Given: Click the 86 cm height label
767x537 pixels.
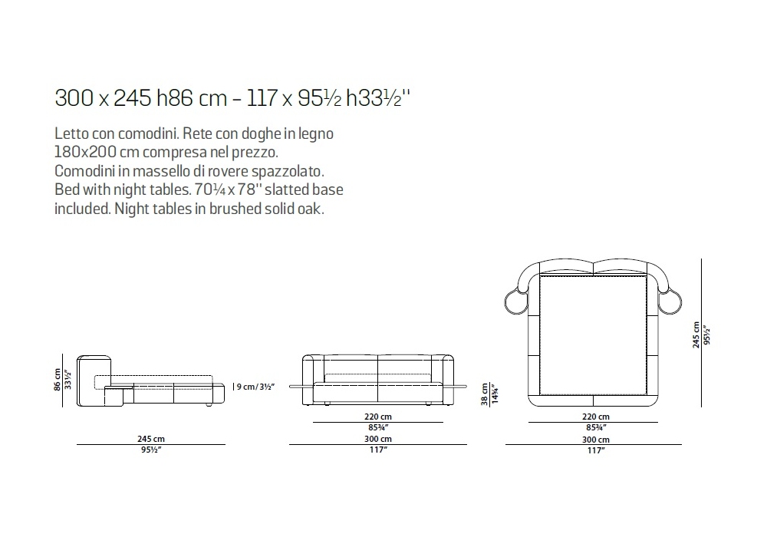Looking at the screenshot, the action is (x=58, y=380).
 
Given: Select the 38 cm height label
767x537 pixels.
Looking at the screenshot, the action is (x=484, y=394).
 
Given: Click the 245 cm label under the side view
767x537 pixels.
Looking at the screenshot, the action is (x=151, y=439).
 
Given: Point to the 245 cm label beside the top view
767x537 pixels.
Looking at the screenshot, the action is (x=696, y=335).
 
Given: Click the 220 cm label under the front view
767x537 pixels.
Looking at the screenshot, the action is (x=377, y=417).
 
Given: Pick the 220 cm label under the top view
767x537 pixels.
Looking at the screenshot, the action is (x=596, y=417).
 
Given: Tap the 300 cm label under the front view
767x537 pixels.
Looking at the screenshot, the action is (x=377, y=439).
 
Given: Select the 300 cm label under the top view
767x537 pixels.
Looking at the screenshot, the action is (x=596, y=440).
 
